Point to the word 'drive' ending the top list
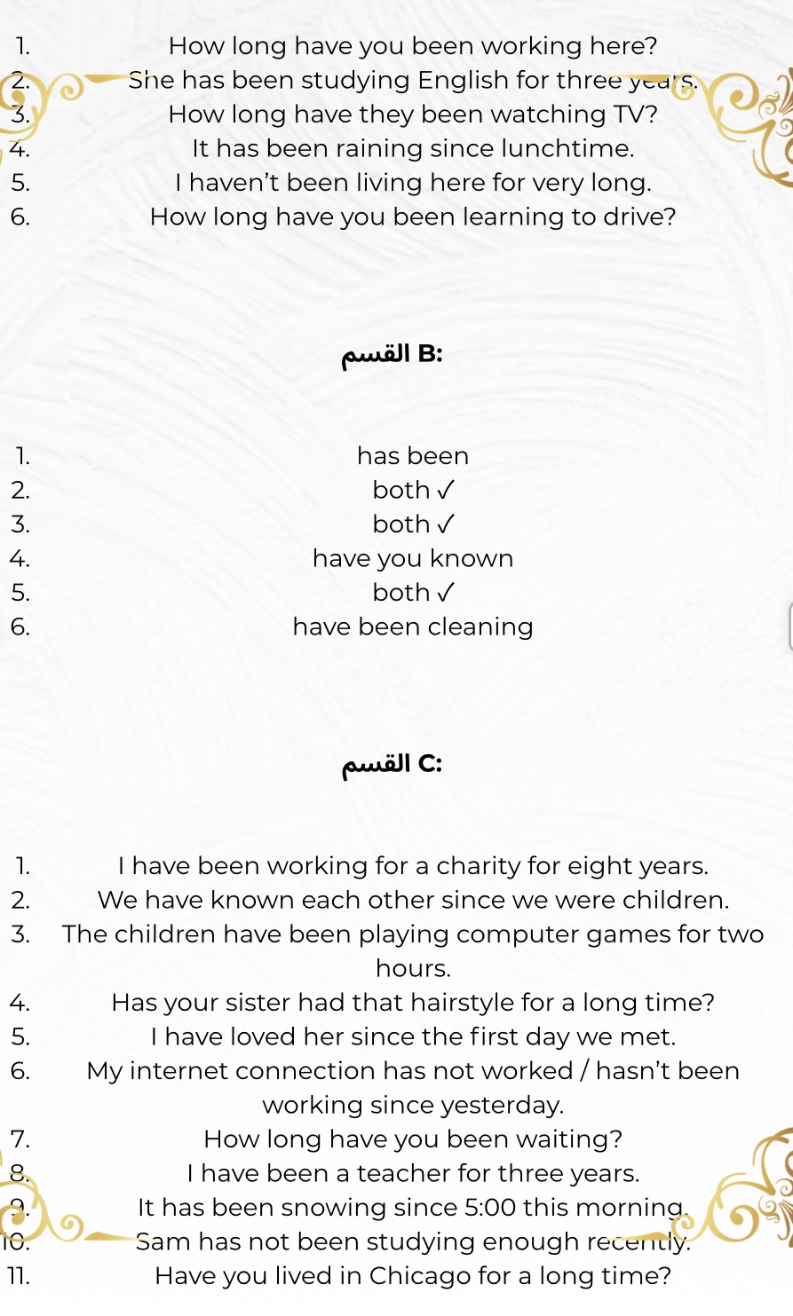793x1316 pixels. click(643, 217)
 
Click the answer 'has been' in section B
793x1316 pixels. click(413, 456)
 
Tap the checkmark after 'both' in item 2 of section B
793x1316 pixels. click(447, 490)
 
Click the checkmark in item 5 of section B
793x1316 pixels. click(447, 592)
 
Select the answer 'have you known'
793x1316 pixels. click(413, 559)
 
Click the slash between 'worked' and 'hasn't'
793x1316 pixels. click(584, 1071)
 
